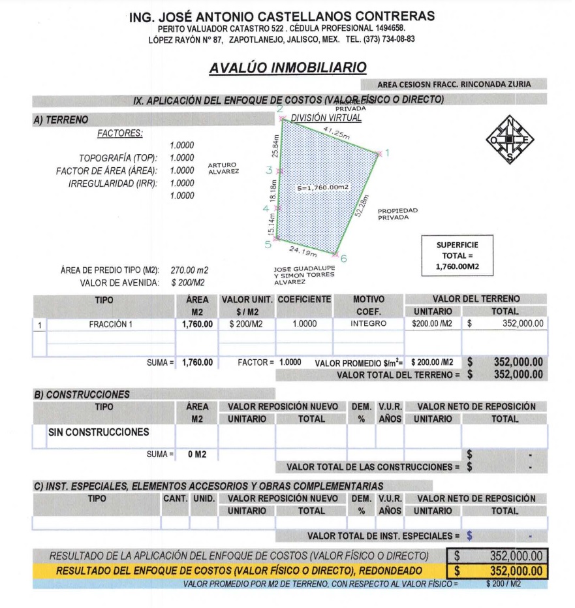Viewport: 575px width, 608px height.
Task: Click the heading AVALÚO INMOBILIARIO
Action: click(288, 68)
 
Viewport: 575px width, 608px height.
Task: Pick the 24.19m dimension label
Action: click(303, 250)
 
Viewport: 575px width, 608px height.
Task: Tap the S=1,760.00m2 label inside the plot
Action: click(322, 187)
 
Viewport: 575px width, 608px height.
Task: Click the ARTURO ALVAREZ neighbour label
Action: click(223, 168)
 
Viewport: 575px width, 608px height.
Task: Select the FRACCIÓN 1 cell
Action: click(111, 324)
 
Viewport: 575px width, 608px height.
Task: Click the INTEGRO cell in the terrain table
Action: click(368, 324)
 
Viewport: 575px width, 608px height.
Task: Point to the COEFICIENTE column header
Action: click(305, 300)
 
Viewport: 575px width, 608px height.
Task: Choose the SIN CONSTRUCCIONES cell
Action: click(98, 432)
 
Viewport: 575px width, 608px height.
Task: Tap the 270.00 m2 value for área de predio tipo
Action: click(189, 270)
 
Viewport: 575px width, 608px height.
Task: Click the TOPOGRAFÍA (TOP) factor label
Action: click(118, 158)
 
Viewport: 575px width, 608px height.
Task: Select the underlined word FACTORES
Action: click(119, 134)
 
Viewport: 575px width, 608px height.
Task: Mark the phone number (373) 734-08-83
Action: click(384, 39)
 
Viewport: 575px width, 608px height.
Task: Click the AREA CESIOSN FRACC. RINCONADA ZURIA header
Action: click(454, 84)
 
